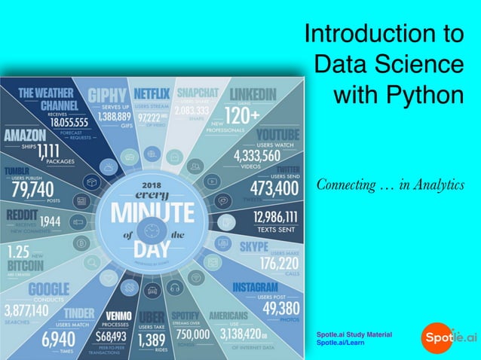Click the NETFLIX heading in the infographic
(x=152, y=94)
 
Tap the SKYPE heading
(x=254, y=246)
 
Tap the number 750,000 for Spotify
(x=193, y=334)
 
